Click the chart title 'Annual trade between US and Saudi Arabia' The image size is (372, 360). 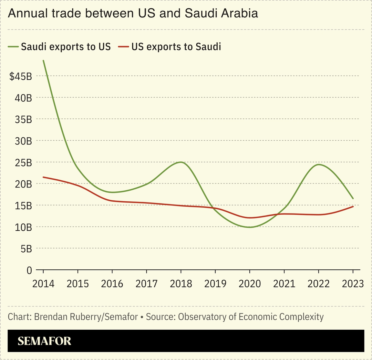tap(133, 14)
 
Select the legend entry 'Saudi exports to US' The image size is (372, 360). tap(66, 46)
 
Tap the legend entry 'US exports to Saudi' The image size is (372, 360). tap(176, 46)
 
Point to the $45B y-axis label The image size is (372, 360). tap(21, 76)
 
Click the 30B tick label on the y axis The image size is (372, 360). tap(23, 141)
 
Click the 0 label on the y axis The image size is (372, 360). tap(29, 270)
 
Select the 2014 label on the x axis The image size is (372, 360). tap(43, 284)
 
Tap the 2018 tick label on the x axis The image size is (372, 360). tap(181, 284)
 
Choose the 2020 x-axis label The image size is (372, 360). tap(250, 284)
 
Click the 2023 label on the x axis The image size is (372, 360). tap(353, 284)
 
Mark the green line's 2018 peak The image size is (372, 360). tap(181, 162)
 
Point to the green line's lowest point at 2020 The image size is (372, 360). tap(250, 227)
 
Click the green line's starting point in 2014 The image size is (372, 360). tap(43, 61)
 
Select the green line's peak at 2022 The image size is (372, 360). tap(318, 165)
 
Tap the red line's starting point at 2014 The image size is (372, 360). tap(43, 177)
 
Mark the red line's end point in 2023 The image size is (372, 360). tap(353, 206)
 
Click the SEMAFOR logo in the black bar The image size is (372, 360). tap(44, 341)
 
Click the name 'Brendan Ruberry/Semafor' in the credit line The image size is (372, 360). tap(86, 317)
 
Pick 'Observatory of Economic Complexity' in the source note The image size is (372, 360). tap(251, 317)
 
